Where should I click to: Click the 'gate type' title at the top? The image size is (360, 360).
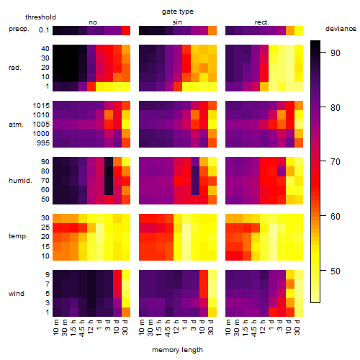pos(178,12)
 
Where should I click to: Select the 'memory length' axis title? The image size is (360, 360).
pos(177,350)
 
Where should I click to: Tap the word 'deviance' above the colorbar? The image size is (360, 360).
pos(341,29)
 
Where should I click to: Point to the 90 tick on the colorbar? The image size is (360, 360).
pos(323,52)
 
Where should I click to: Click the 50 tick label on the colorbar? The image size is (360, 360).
pos(335,271)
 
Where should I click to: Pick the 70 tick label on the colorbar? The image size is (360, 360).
pos(335,162)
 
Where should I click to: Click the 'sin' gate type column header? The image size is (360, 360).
pos(177,22)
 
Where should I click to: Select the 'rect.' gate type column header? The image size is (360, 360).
pos(261,22)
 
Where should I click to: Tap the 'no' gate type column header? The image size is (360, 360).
pos(93,22)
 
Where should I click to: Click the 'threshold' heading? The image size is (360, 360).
pos(40,17)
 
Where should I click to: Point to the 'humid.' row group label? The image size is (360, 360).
pos(20,181)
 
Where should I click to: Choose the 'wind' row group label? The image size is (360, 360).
pos(17,294)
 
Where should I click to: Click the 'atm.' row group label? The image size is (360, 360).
pos(16,125)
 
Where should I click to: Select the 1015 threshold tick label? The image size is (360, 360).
pos(41,106)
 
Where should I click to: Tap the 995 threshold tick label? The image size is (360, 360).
pos(43,143)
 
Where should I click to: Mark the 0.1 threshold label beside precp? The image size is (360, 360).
pos(44,30)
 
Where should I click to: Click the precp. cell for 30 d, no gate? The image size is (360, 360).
pos(126,30)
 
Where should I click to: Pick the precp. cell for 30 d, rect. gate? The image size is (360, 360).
pos(299,30)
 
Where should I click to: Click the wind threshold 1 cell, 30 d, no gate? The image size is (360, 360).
pos(126,312)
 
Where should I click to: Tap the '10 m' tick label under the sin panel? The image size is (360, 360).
pos(142,328)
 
